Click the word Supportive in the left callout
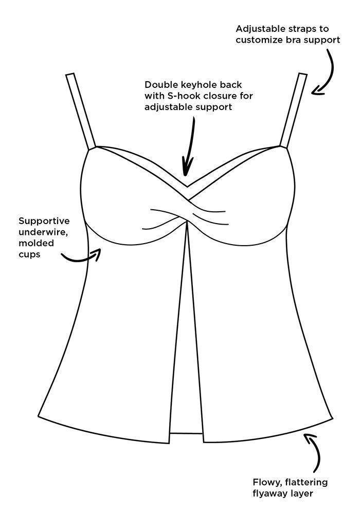[44, 222]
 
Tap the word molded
[36, 243]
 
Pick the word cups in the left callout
[29, 254]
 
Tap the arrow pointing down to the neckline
[190, 145]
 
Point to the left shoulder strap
[81, 111]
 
